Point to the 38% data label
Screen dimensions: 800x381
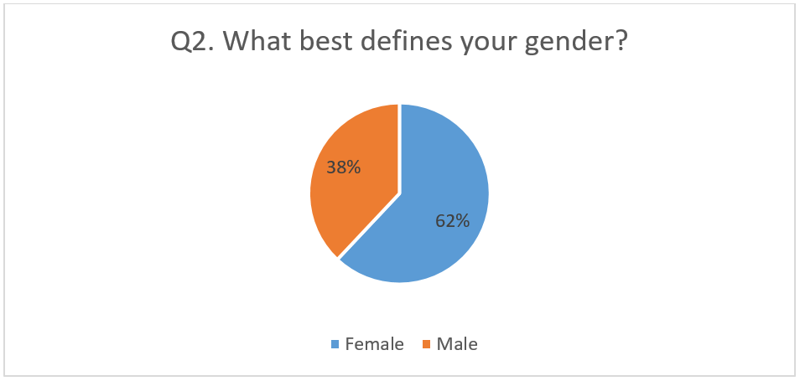343,167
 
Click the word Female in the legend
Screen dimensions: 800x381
375,344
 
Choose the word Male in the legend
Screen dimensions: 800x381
457,344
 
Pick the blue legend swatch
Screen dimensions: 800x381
335,345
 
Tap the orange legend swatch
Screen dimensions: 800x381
426,345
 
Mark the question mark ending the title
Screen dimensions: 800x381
619,41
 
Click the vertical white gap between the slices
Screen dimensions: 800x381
399,148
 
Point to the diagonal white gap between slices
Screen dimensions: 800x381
369,225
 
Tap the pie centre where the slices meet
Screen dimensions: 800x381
399,193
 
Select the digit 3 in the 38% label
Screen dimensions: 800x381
330,167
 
